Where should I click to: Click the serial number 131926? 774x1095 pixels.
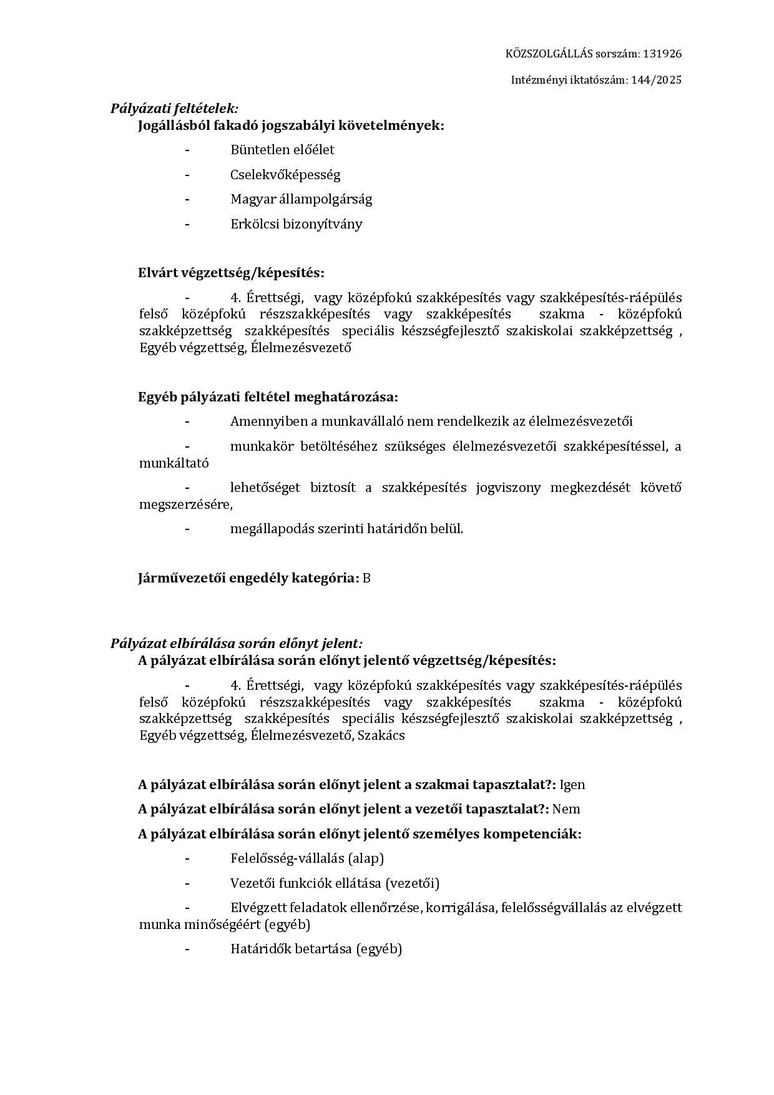[662, 54]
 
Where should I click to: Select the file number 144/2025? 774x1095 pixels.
[657, 80]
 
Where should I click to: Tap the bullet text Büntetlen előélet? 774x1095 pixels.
[282, 150]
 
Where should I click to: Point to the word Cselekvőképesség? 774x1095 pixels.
[285, 175]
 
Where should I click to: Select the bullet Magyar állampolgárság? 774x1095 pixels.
[301, 199]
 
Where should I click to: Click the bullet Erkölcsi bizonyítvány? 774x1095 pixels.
[296, 224]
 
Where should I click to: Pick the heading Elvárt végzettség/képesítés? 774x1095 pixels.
[231, 273]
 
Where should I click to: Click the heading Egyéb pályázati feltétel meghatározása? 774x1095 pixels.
[268, 397]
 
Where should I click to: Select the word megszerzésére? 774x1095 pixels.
[185, 504]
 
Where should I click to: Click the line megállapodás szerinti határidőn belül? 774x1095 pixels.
[346, 529]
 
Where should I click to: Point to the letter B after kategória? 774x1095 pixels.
[367, 578]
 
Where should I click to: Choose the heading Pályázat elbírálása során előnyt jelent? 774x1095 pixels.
[237, 644]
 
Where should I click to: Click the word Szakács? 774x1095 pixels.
[382, 735]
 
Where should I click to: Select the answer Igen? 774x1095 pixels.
[572, 785]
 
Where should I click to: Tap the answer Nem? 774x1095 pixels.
[566, 809]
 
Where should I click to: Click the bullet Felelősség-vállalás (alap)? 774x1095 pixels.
[307, 858]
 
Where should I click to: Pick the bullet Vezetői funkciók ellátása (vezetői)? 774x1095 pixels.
[335, 883]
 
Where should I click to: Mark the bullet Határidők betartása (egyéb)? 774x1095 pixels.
[316, 950]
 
